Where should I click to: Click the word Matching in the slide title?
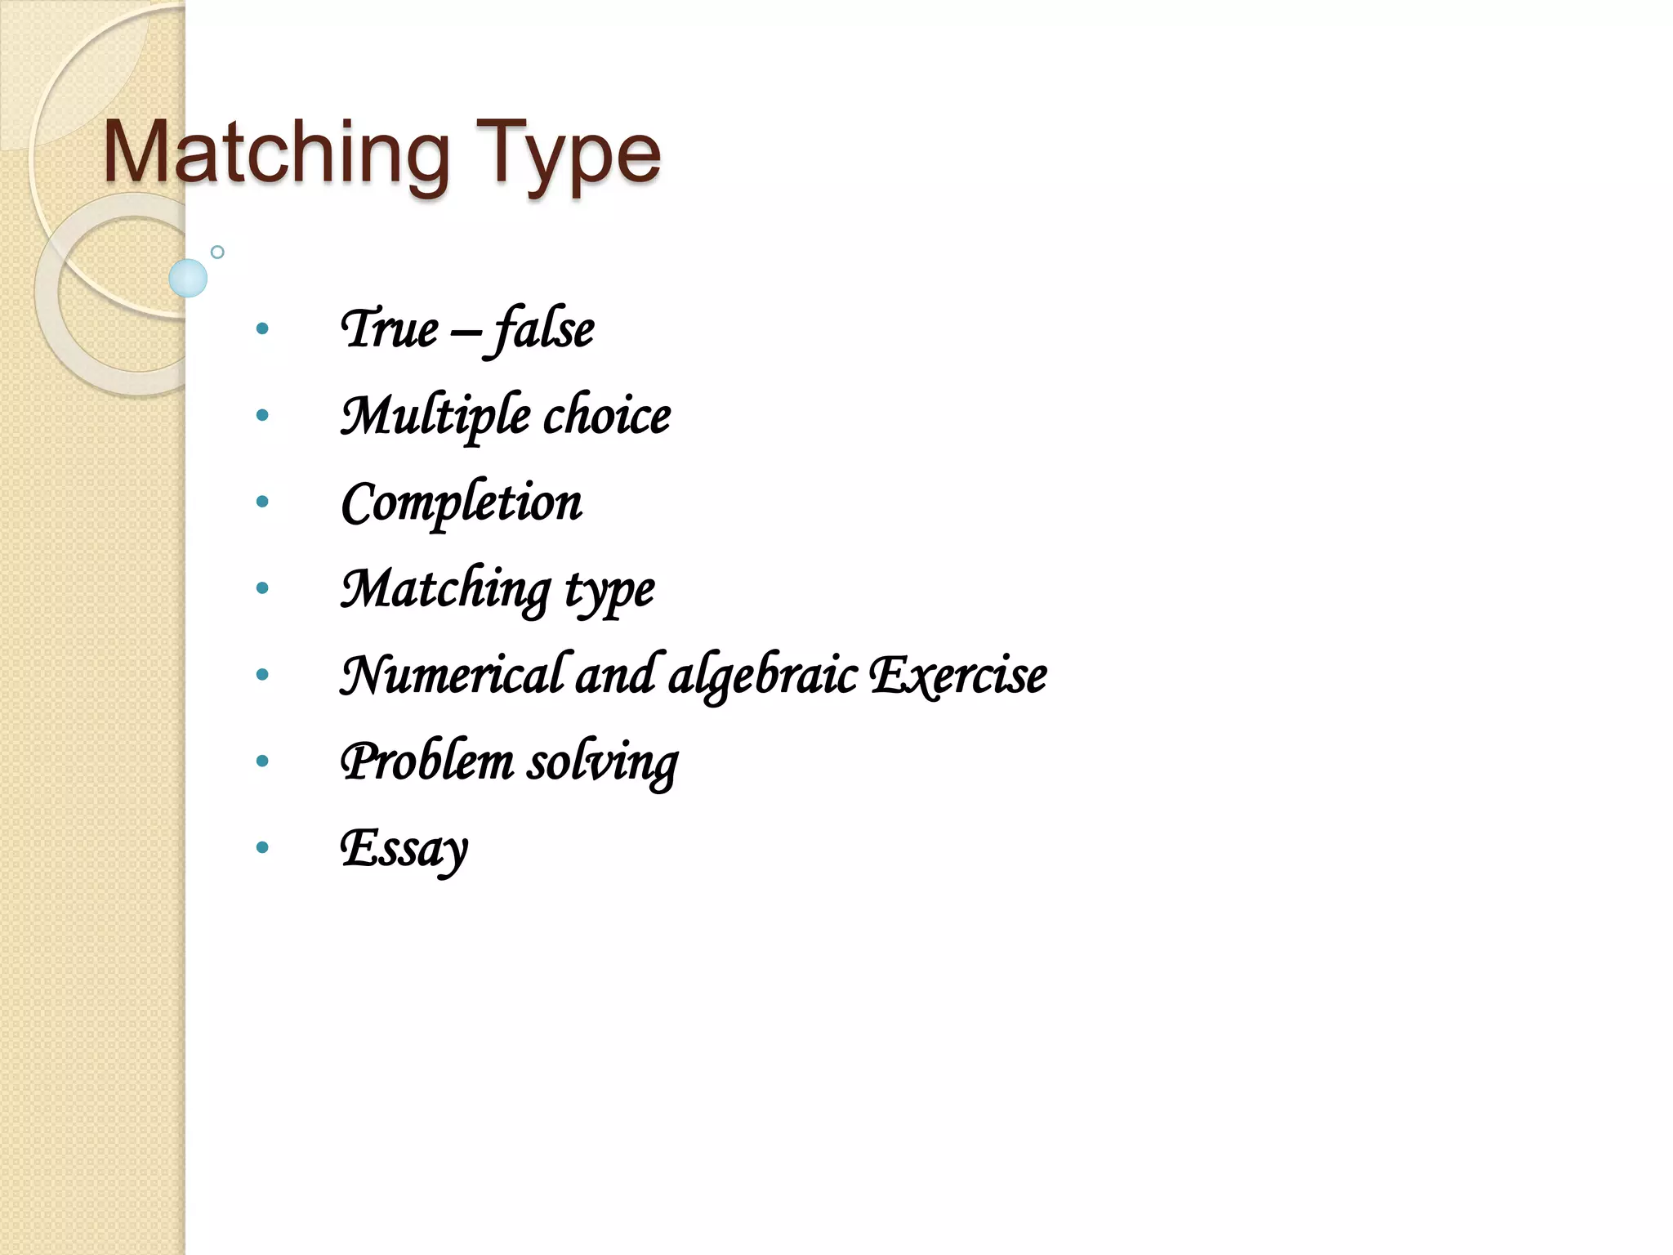point(276,154)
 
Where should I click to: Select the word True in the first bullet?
point(390,328)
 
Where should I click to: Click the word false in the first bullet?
point(542,328)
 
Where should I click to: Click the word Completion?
point(462,502)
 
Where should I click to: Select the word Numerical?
point(451,675)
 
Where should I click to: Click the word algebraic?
point(763,677)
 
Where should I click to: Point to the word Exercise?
point(957,675)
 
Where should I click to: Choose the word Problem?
point(427,761)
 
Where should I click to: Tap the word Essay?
point(404,848)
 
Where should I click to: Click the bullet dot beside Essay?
point(262,847)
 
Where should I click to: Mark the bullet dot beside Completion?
point(262,501)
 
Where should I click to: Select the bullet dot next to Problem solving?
point(262,761)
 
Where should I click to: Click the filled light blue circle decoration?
point(188,278)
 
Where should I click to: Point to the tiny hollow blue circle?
point(217,252)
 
